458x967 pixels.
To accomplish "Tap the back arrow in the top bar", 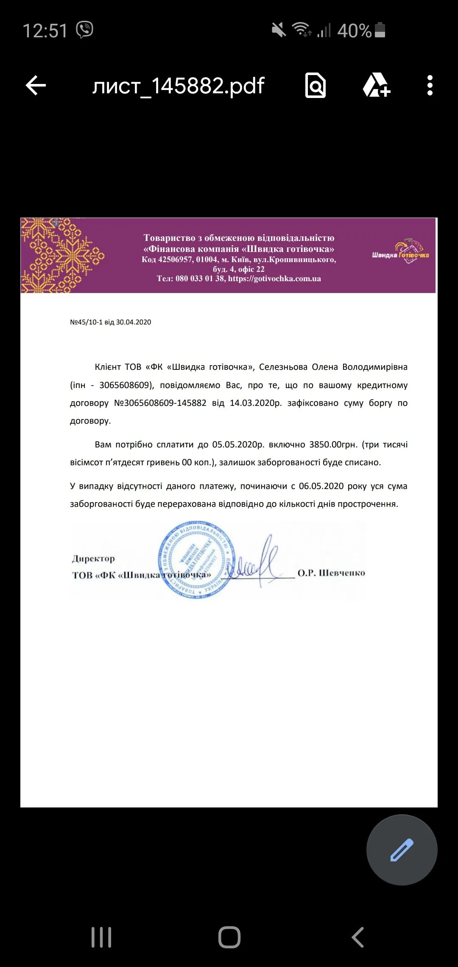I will pos(36,86).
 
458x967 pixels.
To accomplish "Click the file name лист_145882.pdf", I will pos(178,86).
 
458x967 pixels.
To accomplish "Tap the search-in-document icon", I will pos(316,86).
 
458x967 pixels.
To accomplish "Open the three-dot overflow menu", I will pos(430,86).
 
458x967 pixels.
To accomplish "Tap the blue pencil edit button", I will pos(402,850).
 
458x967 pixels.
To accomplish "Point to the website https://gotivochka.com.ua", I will pos(274,279).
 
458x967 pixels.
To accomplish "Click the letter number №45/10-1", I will pos(86,322).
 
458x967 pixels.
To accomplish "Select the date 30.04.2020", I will pos(134,322).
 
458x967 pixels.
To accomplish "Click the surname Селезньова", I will pos(283,367).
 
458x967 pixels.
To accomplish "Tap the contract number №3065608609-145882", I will pos(160,403).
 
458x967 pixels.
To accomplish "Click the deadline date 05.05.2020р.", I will pos(238,445).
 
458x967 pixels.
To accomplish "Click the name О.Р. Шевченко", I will pos(331,573).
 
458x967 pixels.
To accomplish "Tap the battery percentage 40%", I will pos(354,31).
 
